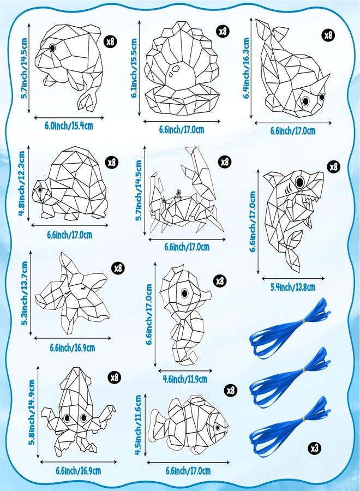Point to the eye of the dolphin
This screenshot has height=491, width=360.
(x=52, y=49)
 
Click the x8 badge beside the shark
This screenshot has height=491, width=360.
(x=333, y=167)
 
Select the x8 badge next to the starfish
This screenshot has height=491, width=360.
(x=118, y=268)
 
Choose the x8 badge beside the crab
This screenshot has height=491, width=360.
(x=225, y=162)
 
